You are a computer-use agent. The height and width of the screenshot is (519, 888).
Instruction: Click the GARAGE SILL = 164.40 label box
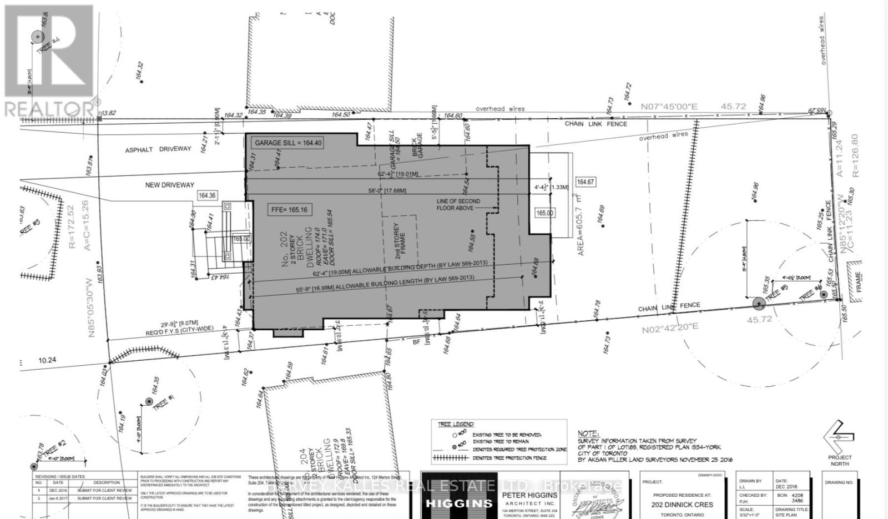pyautogui.click(x=287, y=143)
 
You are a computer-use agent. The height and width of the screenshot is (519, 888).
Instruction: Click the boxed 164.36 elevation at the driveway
pyautogui.click(x=207, y=195)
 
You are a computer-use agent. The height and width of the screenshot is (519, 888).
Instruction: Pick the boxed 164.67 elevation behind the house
pyautogui.click(x=586, y=182)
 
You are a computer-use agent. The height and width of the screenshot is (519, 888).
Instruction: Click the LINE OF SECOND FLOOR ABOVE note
pyautogui.click(x=458, y=204)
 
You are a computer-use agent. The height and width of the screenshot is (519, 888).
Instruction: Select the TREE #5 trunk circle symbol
pyautogui.click(x=758, y=303)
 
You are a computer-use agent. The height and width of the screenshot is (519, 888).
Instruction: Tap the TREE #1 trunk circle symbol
pyautogui.click(x=149, y=401)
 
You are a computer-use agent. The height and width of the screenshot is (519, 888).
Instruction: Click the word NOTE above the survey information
pyautogui.click(x=588, y=434)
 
